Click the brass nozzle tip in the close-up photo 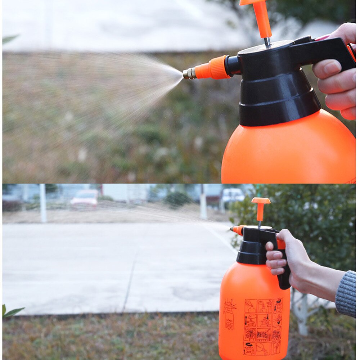coord(189,73)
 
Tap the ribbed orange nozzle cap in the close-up coord(215,68)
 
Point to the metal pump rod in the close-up coord(267,42)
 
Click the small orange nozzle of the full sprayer coord(237,230)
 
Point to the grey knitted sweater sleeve coord(346,293)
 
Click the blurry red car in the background coord(85,198)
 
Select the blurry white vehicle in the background coord(233,195)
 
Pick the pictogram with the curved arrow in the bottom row coord(249,348)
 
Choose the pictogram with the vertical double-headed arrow coord(250,320)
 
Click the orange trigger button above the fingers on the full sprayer coord(281,244)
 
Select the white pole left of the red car coord(43,203)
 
